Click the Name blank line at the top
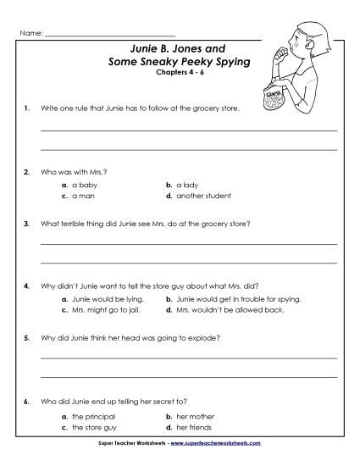[110, 34]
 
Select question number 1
[28, 109]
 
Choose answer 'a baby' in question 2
[83, 183]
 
